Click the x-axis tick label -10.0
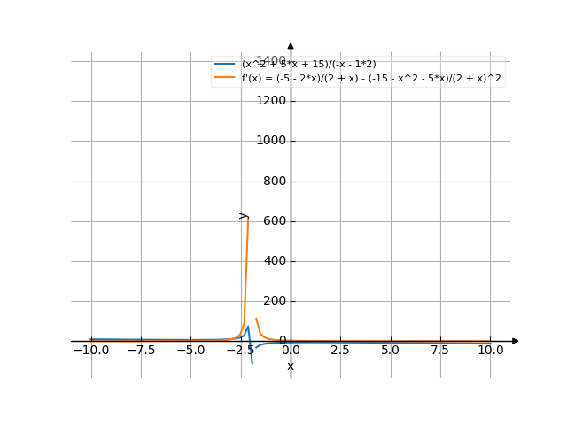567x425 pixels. (90, 350)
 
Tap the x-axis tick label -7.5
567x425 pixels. (141, 350)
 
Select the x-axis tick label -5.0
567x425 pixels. (190, 350)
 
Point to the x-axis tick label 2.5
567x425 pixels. (340, 350)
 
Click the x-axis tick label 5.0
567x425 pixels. (391, 350)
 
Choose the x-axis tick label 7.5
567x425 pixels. (440, 350)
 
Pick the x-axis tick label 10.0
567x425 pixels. (490, 350)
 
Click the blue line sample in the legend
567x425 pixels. (225, 65)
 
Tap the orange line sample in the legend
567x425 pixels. (225, 78)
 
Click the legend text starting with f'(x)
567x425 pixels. (371, 78)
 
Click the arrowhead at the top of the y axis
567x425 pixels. (291, 45)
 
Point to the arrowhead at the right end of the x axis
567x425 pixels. (516, 341)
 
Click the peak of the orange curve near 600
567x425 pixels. (247, 218)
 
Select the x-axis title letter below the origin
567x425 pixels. (291, 366)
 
